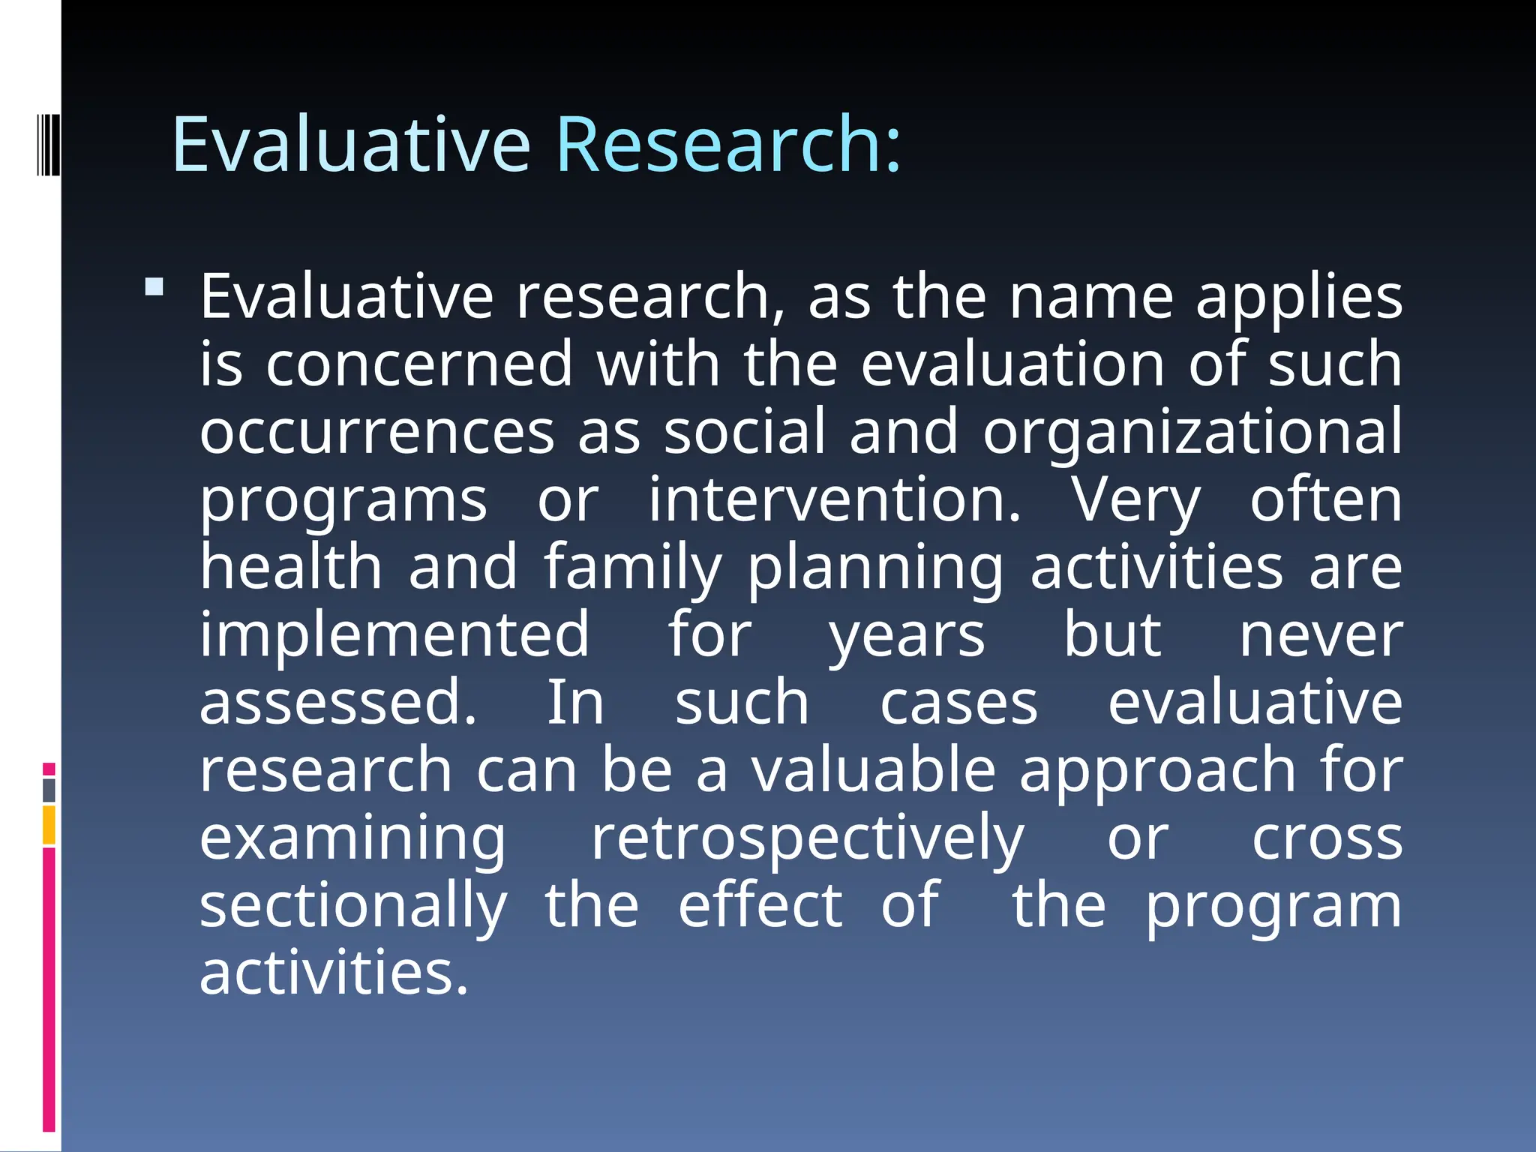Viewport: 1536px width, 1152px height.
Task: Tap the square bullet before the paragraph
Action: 154,287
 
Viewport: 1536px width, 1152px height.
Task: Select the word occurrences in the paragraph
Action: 376,432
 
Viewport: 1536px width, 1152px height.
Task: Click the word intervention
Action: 834,500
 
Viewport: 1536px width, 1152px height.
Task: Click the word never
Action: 1320,636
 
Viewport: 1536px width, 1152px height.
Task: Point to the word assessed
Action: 337,703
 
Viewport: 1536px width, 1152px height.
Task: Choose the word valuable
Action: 874,770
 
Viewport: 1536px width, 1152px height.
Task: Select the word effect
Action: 760,905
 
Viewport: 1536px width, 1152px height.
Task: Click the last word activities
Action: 334,973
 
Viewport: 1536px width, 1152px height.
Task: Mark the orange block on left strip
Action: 49,825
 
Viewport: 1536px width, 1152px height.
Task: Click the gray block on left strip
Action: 49,790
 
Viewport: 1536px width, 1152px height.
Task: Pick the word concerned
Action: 419,364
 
